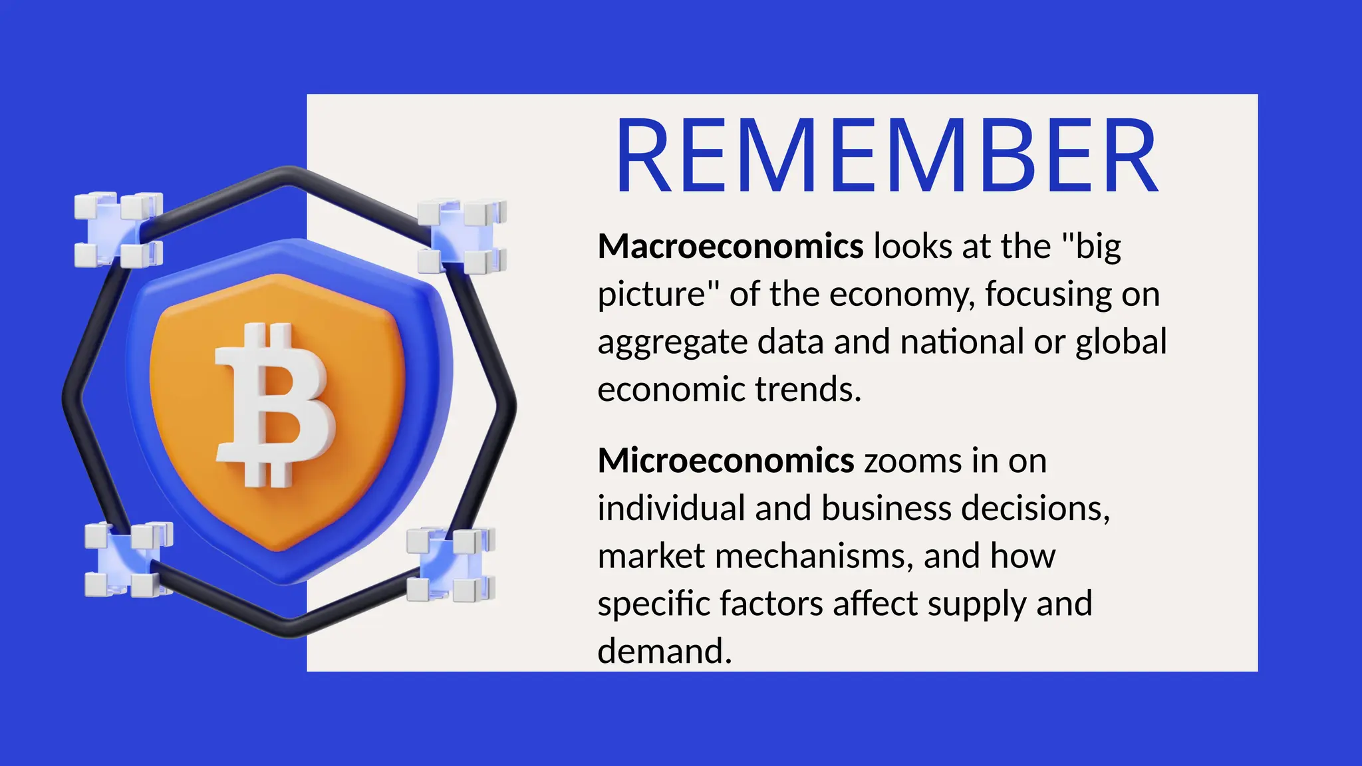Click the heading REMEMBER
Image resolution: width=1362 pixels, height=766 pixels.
(887, 157)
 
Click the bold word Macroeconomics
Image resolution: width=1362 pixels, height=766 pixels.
(730, 247)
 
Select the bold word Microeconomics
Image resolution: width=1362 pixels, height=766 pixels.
(726, 461)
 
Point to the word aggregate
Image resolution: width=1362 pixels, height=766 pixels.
(672, 343)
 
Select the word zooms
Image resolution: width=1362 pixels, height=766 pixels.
(912, 461)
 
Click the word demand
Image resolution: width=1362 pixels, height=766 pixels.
(664, 652)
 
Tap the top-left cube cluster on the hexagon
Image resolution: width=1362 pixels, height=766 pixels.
(118, 230)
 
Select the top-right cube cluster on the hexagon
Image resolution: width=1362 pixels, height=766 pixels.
(462, 237)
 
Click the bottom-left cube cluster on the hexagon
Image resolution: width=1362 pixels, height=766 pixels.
(128, 559)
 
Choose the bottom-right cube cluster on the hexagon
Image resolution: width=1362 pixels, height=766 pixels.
(450, 565)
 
